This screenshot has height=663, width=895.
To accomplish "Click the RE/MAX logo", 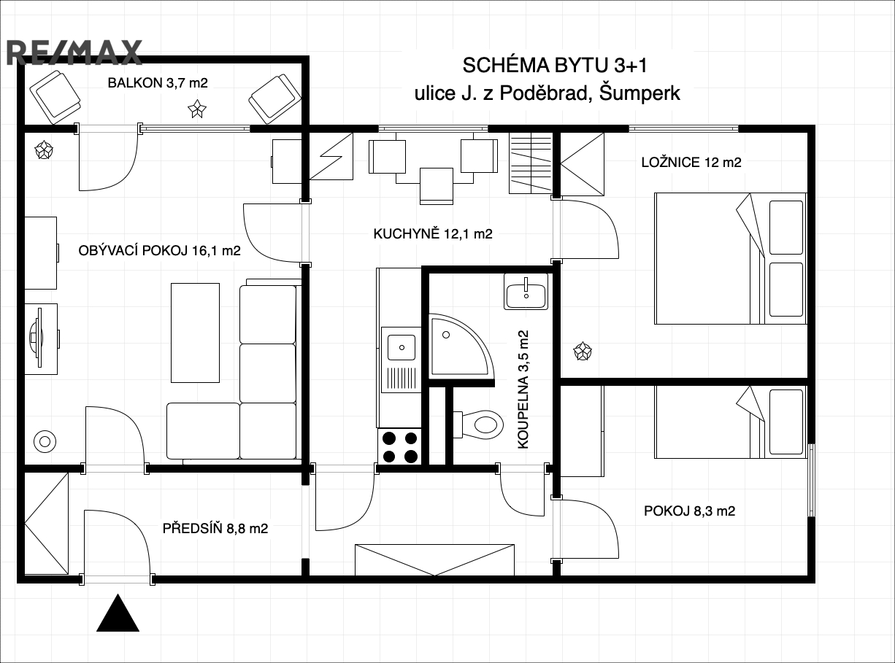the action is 74,53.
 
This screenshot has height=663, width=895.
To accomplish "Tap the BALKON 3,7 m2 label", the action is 158,83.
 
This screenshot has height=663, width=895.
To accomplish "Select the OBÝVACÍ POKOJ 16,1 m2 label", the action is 159,250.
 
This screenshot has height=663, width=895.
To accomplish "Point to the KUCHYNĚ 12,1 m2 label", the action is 433,233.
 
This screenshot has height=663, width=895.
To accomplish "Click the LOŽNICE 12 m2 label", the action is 691,163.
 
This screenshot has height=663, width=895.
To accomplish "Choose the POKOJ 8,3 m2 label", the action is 689,511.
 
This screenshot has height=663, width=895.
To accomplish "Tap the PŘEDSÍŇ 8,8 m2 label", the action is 215,528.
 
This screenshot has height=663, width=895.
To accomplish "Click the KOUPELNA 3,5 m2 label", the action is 523,389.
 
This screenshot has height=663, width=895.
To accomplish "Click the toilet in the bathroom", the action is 479,424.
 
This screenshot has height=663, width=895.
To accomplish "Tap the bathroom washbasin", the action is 526,292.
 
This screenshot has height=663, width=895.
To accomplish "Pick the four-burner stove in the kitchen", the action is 399,447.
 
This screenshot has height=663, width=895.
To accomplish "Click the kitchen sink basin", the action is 402,347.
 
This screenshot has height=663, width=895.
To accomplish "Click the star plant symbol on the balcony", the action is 197,109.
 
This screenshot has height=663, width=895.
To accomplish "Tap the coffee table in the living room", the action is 196,333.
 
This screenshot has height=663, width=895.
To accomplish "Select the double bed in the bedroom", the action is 730,258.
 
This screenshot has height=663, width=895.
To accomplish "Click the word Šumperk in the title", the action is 639,93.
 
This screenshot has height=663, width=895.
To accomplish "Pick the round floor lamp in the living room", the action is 45,441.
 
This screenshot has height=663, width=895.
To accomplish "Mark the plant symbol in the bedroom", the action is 583,351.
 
